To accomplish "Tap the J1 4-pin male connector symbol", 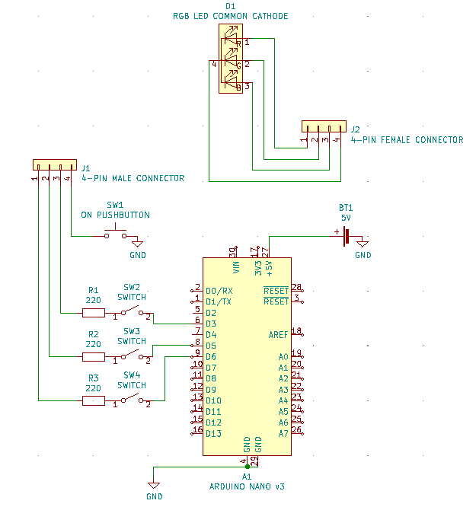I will [x=54, y=164].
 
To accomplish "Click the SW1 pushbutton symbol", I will [x=116, y=234].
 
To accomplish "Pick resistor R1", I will [x=94, y=313].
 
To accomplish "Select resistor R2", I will [x=94, y=357].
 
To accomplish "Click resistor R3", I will [x=94, y=400].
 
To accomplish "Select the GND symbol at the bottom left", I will [x=154, y=487].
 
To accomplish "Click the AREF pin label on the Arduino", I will [x=278, y=335].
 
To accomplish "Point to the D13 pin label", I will [x=213, y=434].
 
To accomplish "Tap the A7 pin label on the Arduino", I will [x=283, y=434].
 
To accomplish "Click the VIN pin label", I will [x=236, y=267].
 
